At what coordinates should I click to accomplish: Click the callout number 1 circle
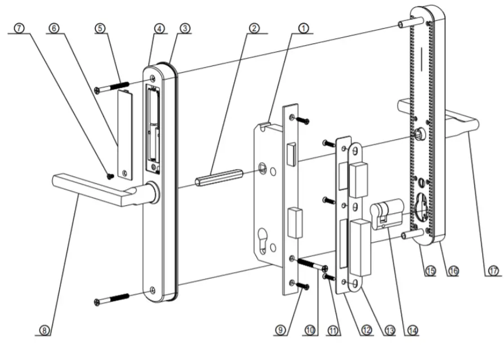point(304,26)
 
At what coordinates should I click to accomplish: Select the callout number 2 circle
point(255,26)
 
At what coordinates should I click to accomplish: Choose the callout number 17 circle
point(493,271)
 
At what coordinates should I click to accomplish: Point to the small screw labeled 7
point(110,176)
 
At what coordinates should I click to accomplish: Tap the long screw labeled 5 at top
point(113,87)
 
